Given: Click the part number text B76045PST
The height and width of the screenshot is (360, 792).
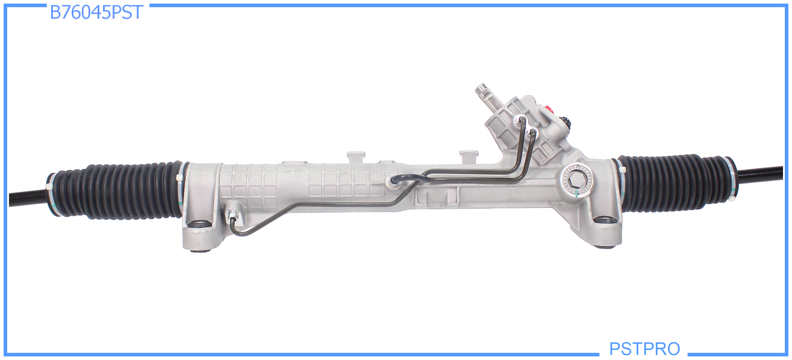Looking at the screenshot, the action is click(x=96, y=12).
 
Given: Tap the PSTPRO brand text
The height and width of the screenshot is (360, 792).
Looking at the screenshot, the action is click(x=644, y=348).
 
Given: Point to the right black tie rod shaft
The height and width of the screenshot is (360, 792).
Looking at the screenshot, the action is click(x=760, y=174).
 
